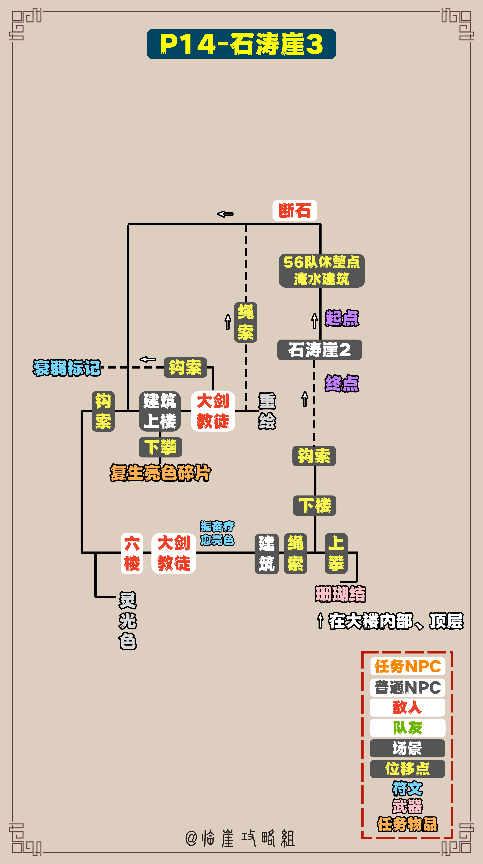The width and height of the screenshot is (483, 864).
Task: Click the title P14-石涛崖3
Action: (241, 44)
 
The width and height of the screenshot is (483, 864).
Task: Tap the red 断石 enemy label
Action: (295, 211)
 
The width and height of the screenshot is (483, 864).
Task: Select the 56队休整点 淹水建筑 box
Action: (322, 271)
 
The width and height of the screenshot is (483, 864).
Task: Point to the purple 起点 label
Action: (342, 318)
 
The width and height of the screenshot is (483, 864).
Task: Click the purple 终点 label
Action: (342, 383)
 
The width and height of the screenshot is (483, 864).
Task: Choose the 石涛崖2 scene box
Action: (320, 350)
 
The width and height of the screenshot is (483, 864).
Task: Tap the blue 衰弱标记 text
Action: (67, 368)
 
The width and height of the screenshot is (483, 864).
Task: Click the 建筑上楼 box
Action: (160, 411)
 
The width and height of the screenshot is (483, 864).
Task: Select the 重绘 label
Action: (267, 411)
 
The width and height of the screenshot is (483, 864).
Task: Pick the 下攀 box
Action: (160, 447)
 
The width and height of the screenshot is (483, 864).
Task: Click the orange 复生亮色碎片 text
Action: (160, 472)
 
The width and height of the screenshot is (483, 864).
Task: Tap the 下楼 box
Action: (315, 505)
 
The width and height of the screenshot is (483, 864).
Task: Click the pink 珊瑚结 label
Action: (340, 594)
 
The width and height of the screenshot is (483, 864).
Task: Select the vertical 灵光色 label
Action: (128, 621)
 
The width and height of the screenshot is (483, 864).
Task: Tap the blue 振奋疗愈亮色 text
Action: (217, 533)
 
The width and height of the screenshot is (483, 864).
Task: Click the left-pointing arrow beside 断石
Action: (225, 214)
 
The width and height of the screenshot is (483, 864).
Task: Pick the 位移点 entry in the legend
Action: (407, 769)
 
